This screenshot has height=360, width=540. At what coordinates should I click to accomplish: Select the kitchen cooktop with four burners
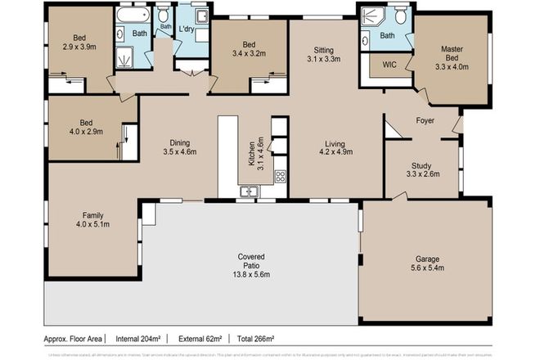[x=280, y=174]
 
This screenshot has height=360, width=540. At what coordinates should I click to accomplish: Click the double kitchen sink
[x=248, y=192]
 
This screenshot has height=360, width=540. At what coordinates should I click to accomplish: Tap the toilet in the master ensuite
[x=400, y=16]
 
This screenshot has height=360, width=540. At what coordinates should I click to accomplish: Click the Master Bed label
[x=452, y=49]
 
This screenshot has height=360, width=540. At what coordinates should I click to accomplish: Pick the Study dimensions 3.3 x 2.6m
[x=424, y=173]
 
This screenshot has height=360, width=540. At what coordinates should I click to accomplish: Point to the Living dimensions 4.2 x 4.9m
[x=335, y=151]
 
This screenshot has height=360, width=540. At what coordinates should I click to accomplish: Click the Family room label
[x=92, y=214]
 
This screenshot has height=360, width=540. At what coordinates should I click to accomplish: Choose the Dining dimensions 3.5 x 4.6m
[x=179, y=151]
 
